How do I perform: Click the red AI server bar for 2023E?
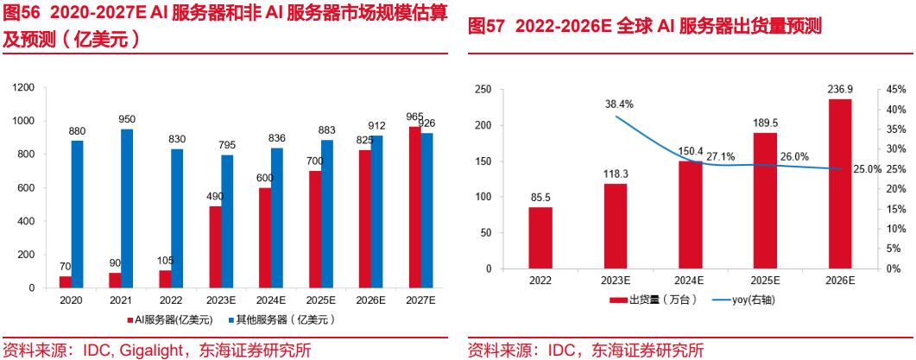tap(215, 247)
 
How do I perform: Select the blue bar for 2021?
tap(127, 208)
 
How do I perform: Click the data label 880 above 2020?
tap(77, 132)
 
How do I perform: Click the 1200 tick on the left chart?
tap(24, 87)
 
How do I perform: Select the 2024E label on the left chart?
tap(270, 300)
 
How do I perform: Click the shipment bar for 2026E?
tap(839, 184)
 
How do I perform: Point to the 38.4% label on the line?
tap(619, 104)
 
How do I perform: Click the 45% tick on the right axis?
tap(894, 90)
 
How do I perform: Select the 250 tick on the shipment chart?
tap(483, 90)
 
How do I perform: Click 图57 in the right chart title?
tap(485, 27)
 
